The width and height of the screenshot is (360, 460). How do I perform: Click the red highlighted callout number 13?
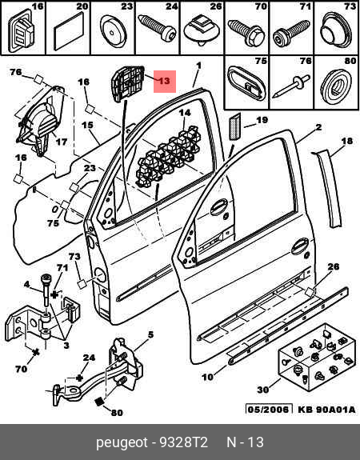[165, 81]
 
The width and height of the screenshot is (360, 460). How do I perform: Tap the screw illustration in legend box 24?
[157, 27]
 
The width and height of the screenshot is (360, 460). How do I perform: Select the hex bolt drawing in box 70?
[246, 32]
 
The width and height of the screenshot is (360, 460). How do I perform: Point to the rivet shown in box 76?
[290, 86]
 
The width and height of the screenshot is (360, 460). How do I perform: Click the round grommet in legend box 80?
[336, 86]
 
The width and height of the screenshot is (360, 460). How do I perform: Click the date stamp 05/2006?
[269, 409]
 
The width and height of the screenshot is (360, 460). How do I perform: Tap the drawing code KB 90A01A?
[326, 410]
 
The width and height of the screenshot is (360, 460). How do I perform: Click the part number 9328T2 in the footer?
[183, 442]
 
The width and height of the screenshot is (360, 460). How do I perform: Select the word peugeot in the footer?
[122, 443]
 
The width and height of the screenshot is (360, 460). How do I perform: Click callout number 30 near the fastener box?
[263, 390]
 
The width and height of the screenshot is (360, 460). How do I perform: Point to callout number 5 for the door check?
[150, 334]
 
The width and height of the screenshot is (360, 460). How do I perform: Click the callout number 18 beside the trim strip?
[346, 141]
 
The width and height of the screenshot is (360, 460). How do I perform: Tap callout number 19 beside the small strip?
[262, 120]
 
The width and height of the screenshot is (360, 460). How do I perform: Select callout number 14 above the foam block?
[185, 113]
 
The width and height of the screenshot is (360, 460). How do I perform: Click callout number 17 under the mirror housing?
[62, 142]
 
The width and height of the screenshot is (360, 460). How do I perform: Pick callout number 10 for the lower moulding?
[207, 377]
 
